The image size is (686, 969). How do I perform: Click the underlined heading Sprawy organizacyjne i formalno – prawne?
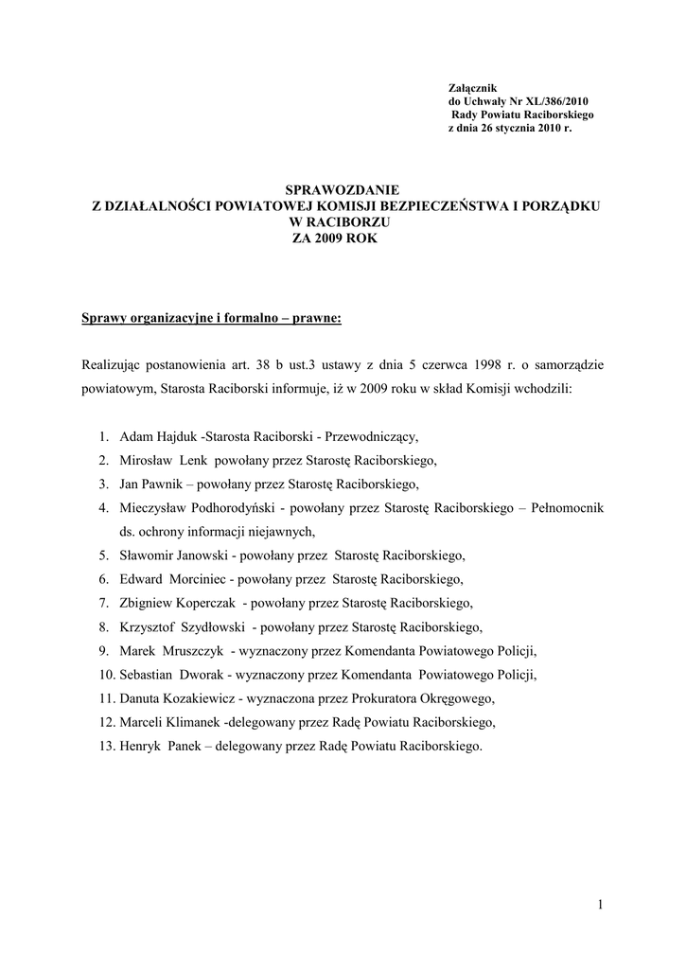211,317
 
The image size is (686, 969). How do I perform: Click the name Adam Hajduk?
154,437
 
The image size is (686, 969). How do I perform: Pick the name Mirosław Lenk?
164,461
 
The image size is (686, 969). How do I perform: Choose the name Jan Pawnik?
150,484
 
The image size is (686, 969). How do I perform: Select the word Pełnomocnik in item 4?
569,508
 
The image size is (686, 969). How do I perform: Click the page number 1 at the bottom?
599,905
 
